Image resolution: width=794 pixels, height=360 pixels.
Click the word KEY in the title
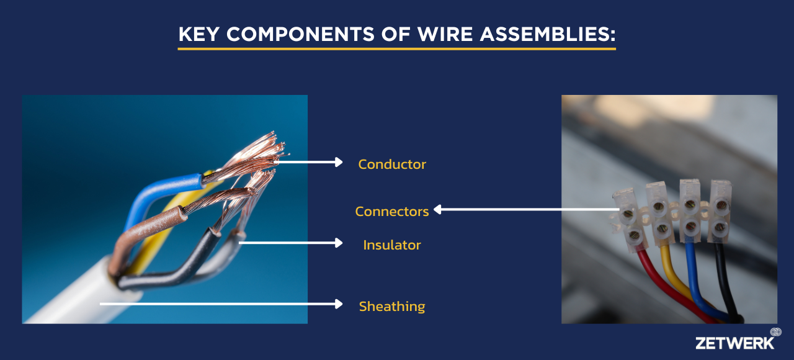click(199, 34)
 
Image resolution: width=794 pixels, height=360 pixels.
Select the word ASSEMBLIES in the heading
click(548, 34)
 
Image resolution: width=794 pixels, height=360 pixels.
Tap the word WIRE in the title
click(445, 34)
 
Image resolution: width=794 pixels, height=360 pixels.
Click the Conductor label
click(391, 164)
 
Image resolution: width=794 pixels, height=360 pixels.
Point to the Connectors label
click(391, 212)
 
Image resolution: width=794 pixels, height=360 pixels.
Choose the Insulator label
click(391, 245)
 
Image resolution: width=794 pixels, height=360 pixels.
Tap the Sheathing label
click(391, 307)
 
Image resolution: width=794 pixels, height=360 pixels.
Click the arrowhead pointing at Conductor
click(339, 162)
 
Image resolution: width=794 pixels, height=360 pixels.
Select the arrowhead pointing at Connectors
click(438, 209)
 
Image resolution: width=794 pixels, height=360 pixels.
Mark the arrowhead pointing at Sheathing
click(339, 304)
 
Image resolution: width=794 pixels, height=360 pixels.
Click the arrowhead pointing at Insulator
click(339, 243)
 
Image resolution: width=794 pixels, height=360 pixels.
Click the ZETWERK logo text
click(734, 343)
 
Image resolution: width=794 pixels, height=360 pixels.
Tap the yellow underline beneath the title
click(396, 48)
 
